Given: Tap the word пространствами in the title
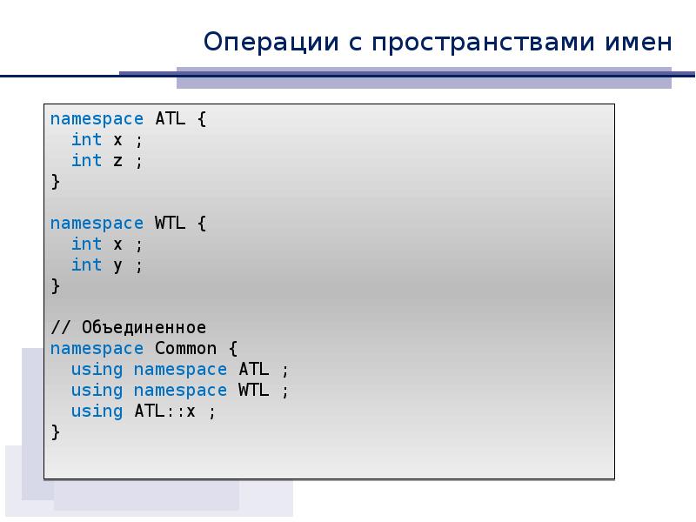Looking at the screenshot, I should tap(469, 41).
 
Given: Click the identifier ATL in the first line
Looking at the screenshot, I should tap(170, 118).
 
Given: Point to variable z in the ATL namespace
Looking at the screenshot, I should tap(117, 160).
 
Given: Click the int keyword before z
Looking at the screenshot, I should tap(86, 160).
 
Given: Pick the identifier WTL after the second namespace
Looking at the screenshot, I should tap(170, 223).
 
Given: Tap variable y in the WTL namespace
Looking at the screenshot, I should tap(117, 265).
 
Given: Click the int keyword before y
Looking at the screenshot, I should tap(86, 264).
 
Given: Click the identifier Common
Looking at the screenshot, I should tap(185, 349).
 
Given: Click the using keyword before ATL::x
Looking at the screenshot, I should tap(97, 412).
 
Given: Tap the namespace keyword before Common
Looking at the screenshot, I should tap(97, 349).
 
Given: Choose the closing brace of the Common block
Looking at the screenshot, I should tap(55, 432).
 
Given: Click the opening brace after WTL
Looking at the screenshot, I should tap(202, 223).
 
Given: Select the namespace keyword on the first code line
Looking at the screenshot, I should tap(97, 118).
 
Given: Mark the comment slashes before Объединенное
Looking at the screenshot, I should tap(60, 328).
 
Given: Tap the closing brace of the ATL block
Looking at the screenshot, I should tap(55, 182).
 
